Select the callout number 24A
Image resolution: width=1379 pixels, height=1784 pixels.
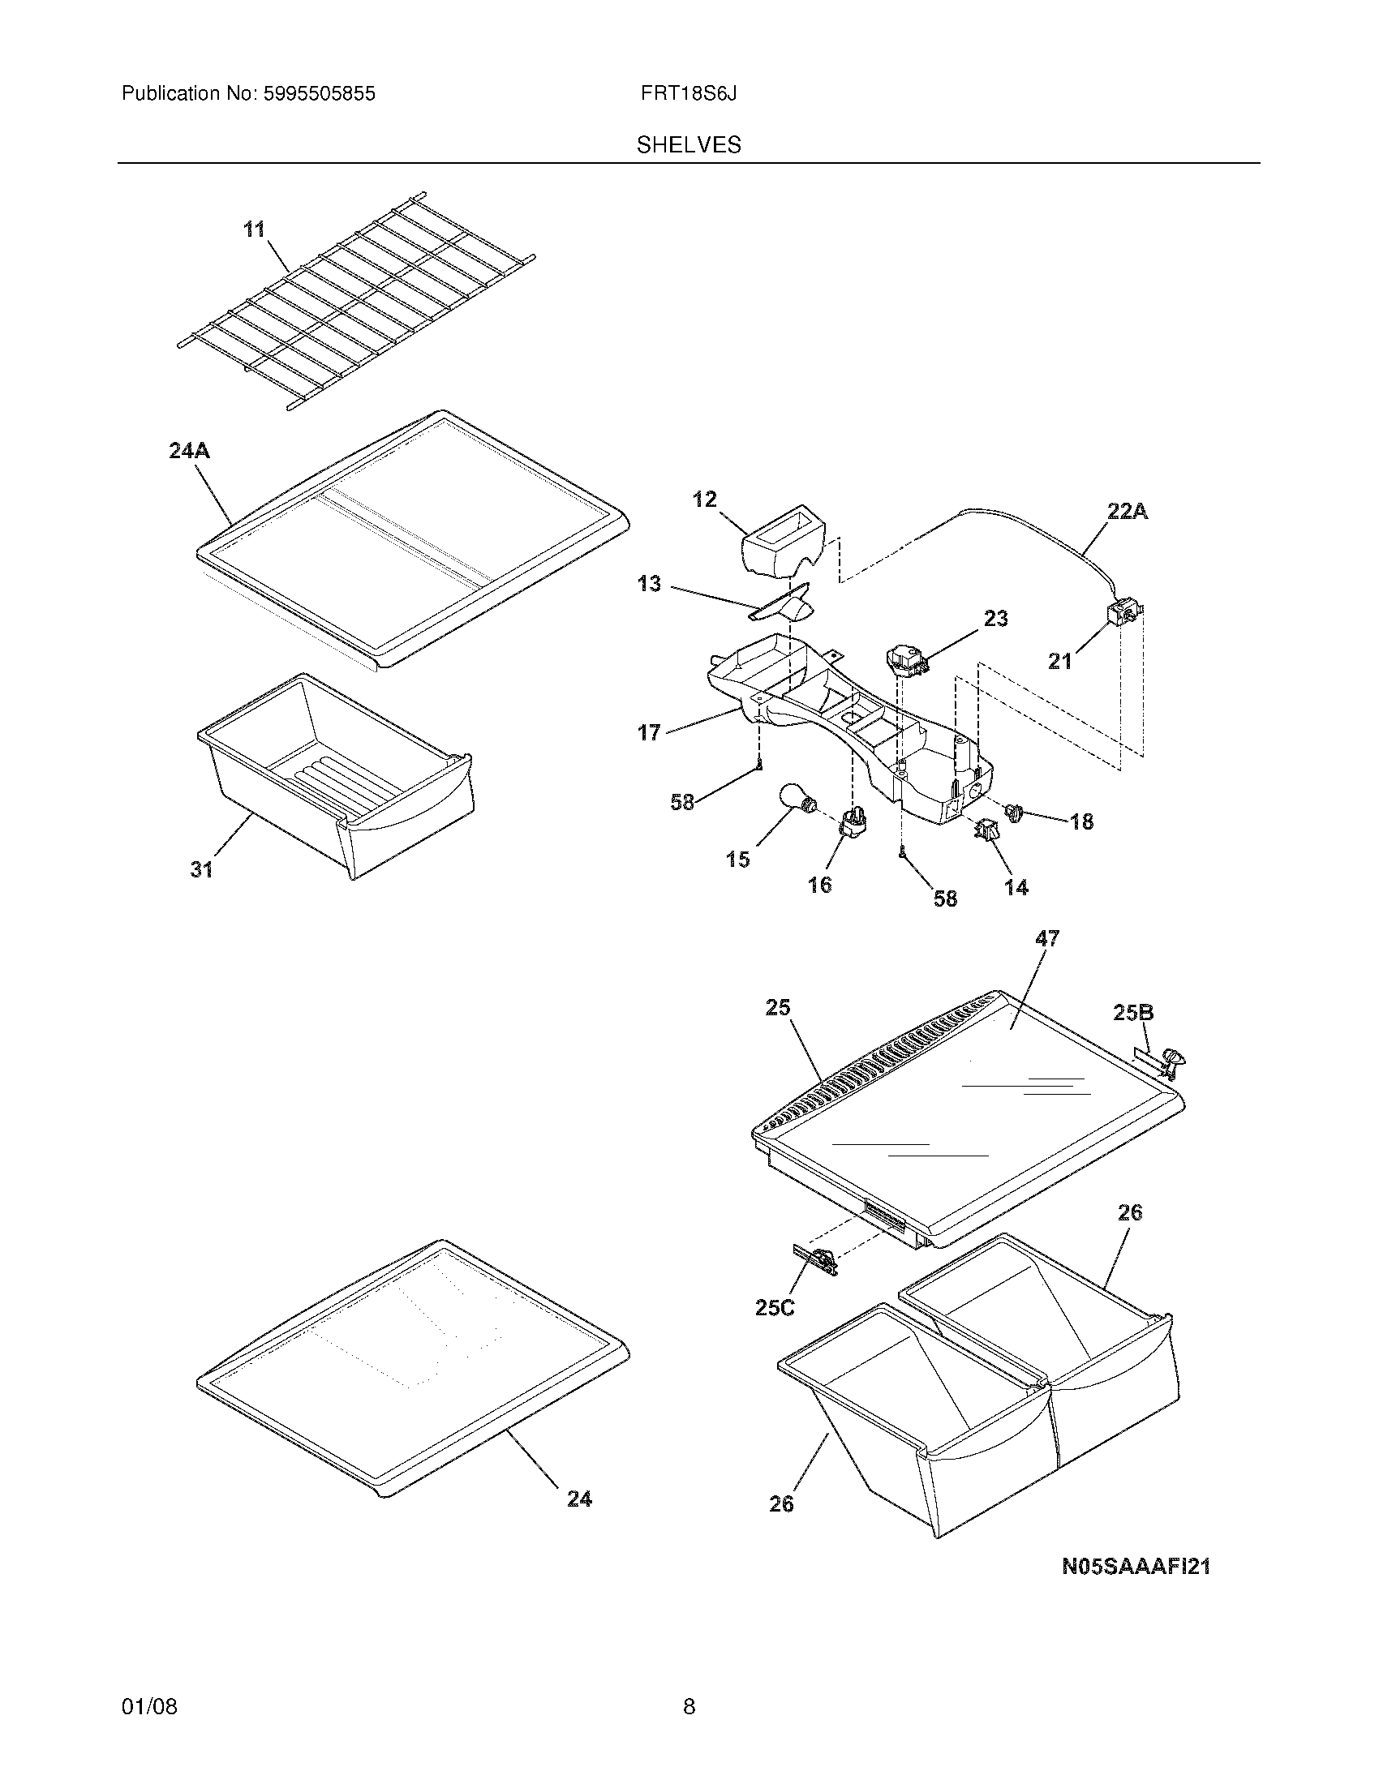point(190,450)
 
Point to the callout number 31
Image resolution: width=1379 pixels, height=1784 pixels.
point(202,870)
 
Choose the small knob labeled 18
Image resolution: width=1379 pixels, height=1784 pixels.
point(1016,812)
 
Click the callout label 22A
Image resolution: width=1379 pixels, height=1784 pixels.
point(1128,512)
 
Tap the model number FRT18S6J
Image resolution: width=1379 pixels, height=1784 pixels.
point(689,94)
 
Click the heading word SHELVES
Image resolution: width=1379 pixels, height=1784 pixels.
point(689,145)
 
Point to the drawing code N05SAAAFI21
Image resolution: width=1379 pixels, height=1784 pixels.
point(1136,1566)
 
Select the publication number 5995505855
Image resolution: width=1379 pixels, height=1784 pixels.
point(320,94)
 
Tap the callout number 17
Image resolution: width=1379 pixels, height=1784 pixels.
point(649,733)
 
